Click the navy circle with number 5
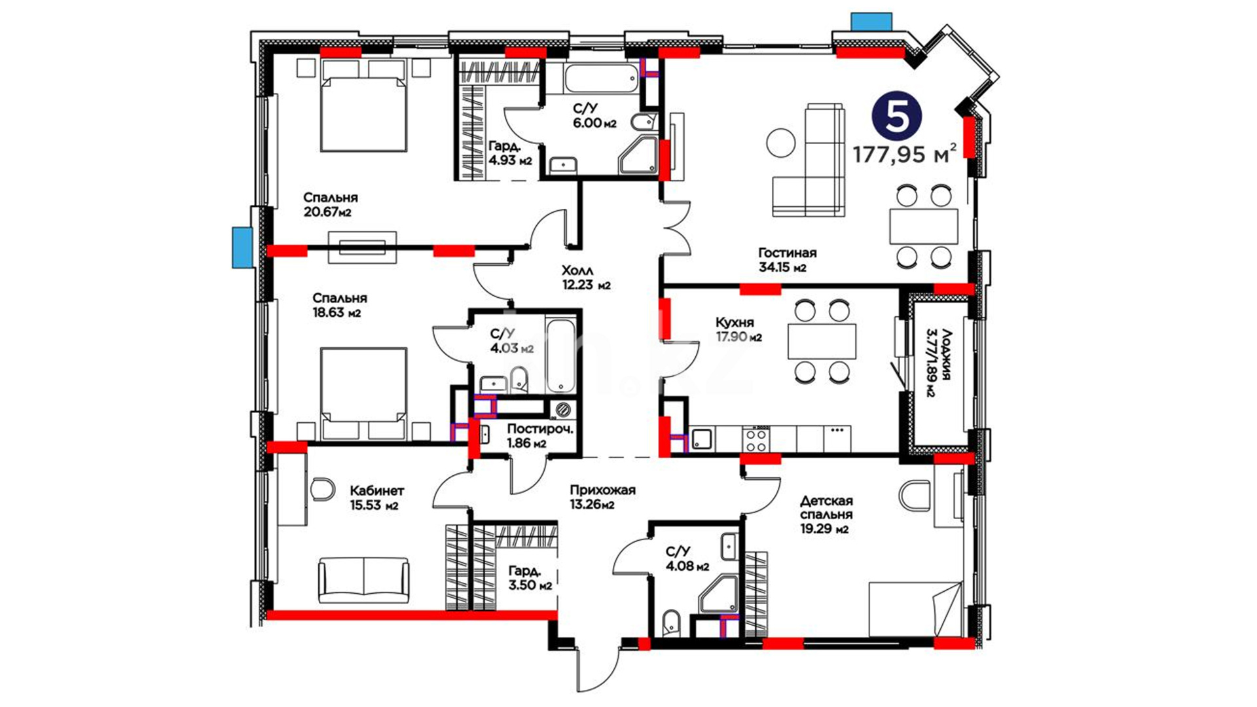[896, 116]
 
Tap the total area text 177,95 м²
[904, 154]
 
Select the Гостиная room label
[787, 253]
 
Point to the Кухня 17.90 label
[738, 329]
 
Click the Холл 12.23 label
[586, 278]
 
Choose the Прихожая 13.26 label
[602, 497]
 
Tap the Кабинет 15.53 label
[376, 498]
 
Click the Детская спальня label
[826, 508]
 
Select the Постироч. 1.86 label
[540, 436]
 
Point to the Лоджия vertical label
[938, 362]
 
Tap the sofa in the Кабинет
[363, 580]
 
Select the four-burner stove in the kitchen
[756, 439]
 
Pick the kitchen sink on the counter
[702, 439]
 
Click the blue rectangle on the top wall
[871, 22]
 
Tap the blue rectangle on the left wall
[242, 247]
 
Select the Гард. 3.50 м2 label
[530, 577]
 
